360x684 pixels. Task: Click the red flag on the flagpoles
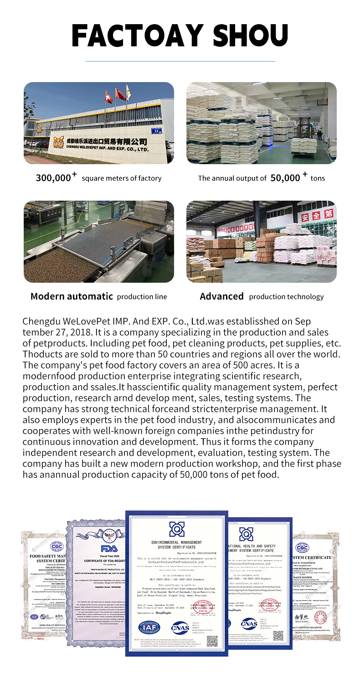click(120, 94)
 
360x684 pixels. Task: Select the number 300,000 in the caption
click(54, 178)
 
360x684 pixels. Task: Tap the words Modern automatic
click(72, 296)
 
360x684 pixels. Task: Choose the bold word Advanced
click(221, 296)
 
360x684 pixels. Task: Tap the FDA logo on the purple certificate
click(108, 548)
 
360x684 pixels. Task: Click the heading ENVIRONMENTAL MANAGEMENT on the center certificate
click(176, 542)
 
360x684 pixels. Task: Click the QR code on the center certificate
click(212, 641)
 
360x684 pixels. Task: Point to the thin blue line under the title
click(180, 61)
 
